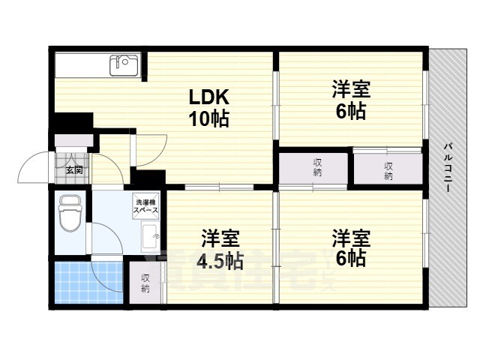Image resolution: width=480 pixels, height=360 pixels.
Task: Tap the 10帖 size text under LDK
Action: point(208,118)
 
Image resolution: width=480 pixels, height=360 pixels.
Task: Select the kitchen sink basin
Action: point(124,65)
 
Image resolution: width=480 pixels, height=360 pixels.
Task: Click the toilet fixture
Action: point(70,214)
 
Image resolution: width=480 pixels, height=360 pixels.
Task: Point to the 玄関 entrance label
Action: point(73,170)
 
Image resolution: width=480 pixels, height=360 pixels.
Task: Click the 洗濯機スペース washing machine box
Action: point(145,208)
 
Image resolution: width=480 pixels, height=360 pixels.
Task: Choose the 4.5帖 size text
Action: point(219,262)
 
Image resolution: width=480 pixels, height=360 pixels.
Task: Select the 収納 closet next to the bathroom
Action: point(145,282)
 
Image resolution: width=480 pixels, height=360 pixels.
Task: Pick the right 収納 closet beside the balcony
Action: point(388,170)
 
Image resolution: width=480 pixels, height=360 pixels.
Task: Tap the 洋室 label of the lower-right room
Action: point(350,238)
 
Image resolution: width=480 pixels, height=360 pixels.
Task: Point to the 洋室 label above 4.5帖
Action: point(219,240)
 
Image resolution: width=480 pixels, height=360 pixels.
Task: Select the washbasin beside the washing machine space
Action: point(150,239)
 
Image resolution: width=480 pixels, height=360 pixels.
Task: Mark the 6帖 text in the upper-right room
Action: point(350,112)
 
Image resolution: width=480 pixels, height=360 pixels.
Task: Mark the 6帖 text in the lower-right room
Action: point(350,259)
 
